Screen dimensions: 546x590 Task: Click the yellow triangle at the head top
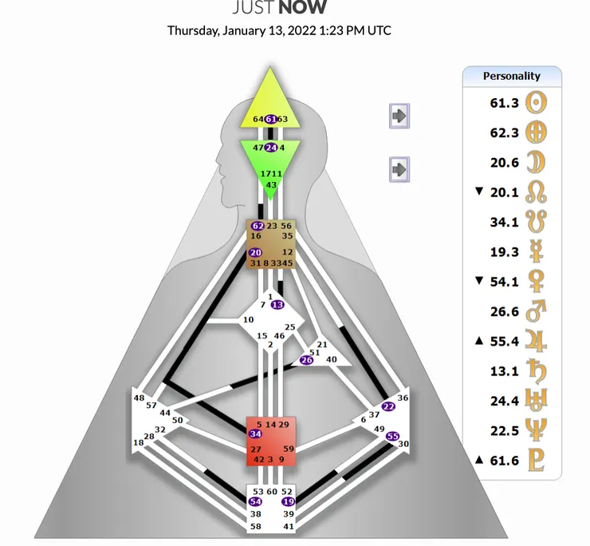click(x=270, y=102)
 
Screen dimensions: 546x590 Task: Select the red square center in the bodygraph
click(x=271, y=441)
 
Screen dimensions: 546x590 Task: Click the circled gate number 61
click(x=270, y=119)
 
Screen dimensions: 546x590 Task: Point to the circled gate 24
click(x=270, y=148)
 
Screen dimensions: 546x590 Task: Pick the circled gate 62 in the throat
click(x=258, y=226)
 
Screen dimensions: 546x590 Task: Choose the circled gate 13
click(x=277, y=305)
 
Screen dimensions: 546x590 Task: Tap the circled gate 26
click(x=306, y=360)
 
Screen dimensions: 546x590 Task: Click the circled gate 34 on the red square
click(x=255, y=434)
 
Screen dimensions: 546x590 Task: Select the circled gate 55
click(x=392, y=436)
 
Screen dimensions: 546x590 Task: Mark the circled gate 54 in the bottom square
click(x=255, y=501)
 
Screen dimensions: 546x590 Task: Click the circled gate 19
click(x=288, y=501)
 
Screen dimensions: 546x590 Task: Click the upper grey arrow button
click(x=399, y=116)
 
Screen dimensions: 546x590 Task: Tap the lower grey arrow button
click(x=399, y=169)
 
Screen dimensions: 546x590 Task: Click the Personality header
click(x=512, y=77)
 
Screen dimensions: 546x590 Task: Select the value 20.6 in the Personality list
click(x=504, y=162)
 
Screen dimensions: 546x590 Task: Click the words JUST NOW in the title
click(x=279, y=9)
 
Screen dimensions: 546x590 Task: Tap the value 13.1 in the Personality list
click(x=504, y=371)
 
